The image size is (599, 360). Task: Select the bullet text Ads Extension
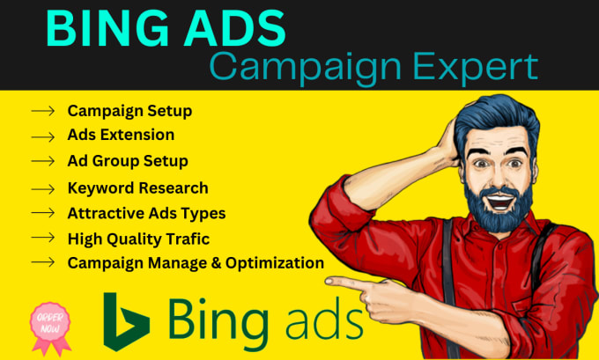tap(121, 135)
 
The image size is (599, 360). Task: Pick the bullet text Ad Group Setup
tap(128, 161)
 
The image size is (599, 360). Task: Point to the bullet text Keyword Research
tap(138, 187)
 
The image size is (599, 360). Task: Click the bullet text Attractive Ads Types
tap(146, 212)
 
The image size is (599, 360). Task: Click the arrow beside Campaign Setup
tap(42, 111)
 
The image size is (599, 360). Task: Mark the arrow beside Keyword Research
tap(42, 187)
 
